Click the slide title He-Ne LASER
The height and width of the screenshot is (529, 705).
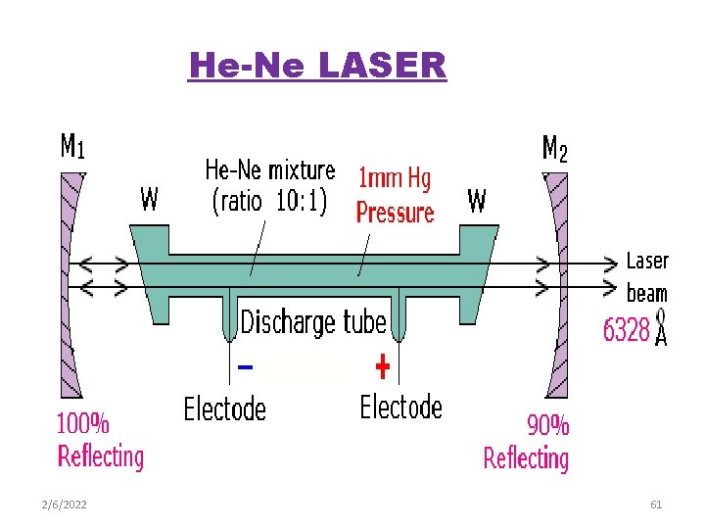click(317, 66)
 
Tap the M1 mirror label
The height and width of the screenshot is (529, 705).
click(72, 147)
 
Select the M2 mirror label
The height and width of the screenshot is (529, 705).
click(554, 149)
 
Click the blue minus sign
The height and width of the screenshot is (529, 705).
click(246, 368)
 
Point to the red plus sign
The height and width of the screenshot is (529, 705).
click(383, 368)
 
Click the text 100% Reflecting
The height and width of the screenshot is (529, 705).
click(100, 441)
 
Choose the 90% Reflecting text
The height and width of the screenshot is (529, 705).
click(527, 442)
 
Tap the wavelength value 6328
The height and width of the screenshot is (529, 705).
click(627, 330)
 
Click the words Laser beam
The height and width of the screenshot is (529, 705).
click(647, 276)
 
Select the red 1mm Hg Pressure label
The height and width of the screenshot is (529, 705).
click(395, 195)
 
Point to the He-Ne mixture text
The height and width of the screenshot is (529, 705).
click(269, 185)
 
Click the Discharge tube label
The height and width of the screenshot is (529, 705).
click(313, 321)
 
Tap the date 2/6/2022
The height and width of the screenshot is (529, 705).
click(65, 505)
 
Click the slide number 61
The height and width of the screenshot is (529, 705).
click(656, 505)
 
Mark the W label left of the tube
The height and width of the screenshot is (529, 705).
click(149, 201)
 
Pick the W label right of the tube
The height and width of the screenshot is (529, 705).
click(477, 201)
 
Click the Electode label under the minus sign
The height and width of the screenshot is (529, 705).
click(225, 408)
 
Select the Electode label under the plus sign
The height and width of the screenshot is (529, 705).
click(401, 406)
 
